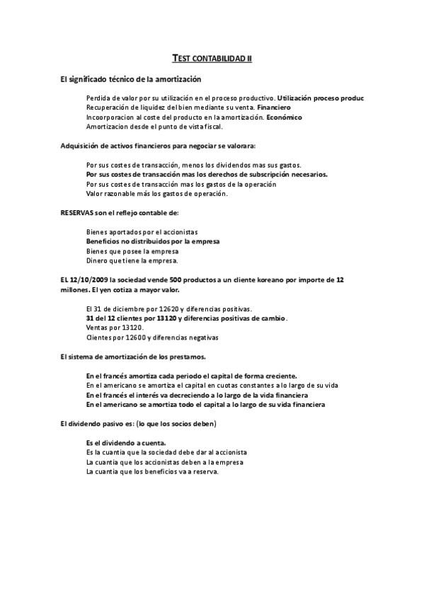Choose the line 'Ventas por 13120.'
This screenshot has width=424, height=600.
115,328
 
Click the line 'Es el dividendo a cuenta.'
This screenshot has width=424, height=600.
126,443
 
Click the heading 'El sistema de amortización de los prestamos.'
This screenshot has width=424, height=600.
133,357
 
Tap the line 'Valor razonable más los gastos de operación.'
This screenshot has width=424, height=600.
156,193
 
